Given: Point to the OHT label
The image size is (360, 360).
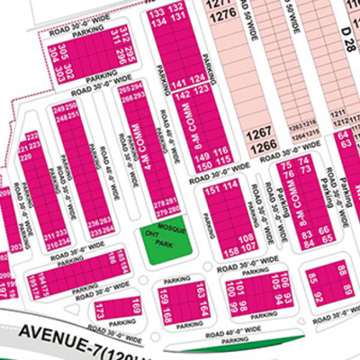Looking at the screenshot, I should click(150, 229).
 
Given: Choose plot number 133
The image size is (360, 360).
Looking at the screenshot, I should click(157, 12).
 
